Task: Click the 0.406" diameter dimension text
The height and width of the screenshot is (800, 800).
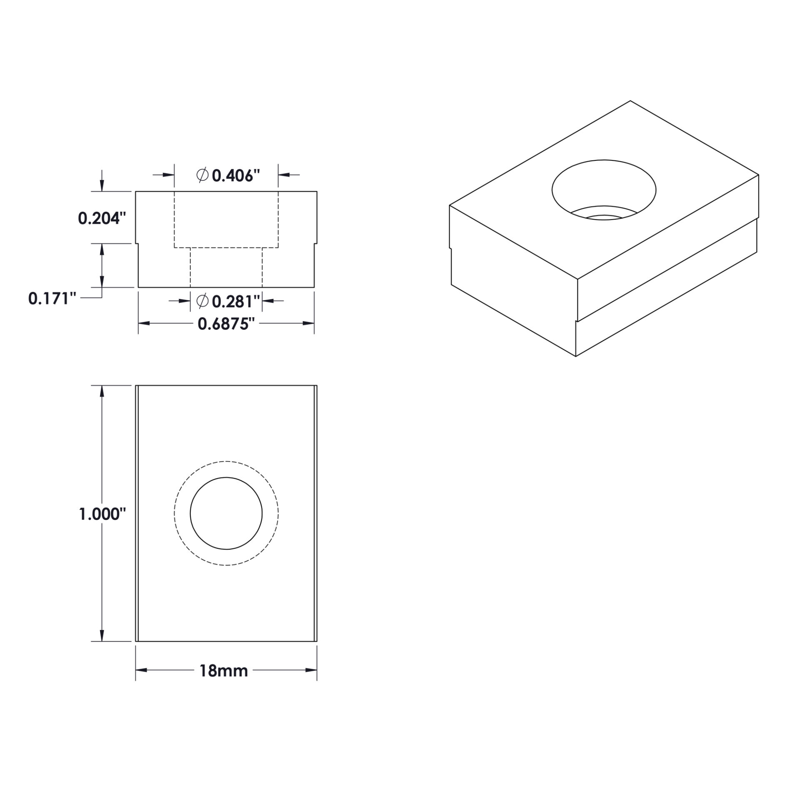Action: [x=236, y=176]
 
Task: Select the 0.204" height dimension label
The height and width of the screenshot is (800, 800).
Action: [x=102, y=218]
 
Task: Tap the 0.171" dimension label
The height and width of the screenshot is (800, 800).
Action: [x=52, y=299]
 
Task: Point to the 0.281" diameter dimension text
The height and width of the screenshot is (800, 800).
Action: [x=236, y=301]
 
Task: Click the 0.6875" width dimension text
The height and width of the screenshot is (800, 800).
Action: [x=226, y=324]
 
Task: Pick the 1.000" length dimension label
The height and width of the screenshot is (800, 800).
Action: [x=102, y=515]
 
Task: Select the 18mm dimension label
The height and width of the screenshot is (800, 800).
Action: [x=224, y=671]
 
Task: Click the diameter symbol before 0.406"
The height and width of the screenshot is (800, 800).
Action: [x=202, y=175]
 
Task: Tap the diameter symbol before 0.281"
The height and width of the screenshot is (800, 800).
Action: [x=202, y=300]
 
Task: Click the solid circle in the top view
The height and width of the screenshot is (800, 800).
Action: [x=226, y=514]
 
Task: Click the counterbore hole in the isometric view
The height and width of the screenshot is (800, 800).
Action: [x=604, y=190]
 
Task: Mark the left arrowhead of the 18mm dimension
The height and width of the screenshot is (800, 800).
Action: [x=142, y=670]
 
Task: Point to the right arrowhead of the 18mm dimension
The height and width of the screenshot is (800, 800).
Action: [x=311, y=670]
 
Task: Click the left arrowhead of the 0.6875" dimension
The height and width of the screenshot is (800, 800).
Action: [x=144, y=323]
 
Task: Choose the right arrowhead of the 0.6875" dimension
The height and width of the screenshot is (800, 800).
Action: [x=308, y=323]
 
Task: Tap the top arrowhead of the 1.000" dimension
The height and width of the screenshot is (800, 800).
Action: [x=102, y=391]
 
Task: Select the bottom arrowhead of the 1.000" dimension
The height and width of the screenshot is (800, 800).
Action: [x=102, y=635]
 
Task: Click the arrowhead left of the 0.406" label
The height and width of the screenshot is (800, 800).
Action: [x=168, y=175]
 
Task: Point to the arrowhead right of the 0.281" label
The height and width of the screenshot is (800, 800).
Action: [x=268, y=300]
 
